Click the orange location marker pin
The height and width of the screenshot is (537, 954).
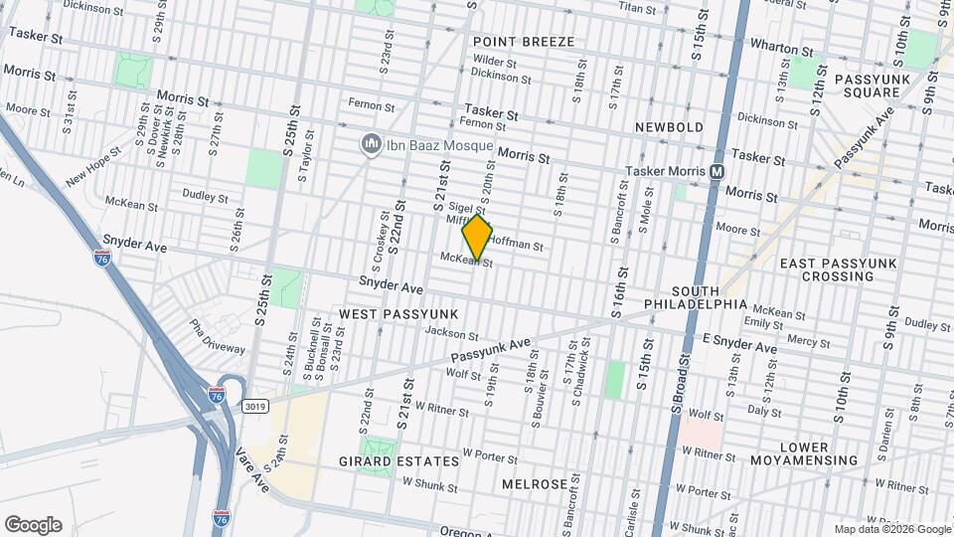tap(477, 238)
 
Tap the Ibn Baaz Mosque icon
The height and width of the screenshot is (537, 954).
tap(372, 145)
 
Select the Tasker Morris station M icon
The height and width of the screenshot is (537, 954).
tap(715, 172)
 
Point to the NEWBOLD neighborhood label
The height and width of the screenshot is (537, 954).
tap(669, 127)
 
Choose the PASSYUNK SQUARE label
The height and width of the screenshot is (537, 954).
tap(867, 86)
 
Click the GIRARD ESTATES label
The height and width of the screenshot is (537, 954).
tap(412, 461)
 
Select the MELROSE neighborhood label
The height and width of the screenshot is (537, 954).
tap(534, 484)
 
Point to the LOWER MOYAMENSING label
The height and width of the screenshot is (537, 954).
tap(818, 453)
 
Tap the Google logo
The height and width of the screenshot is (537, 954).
tap(33, 525)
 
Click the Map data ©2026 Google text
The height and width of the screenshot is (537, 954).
tap(892, 529)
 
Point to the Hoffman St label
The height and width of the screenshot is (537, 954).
tap(517, 245)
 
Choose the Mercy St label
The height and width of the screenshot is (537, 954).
tap(808, 341)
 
